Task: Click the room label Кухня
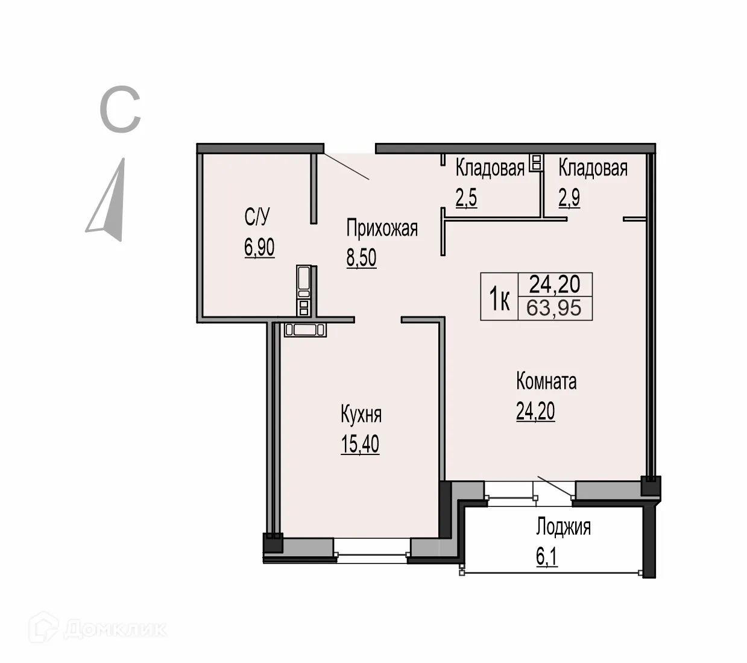pyautogui.click(x=361, y=415)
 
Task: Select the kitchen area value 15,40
pyautogui.click(x=360, y=444)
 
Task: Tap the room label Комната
pyautogui.click(x=546, y=382)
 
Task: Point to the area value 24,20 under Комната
pyautogui.click(x=535, y=411)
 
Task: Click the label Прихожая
pyautogui.click(x=382, y=229)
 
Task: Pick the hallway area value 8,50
pyautogui.click(x=361, y=258)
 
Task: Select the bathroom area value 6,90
pyautogui.click(x=259, y=247)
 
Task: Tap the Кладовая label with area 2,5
pyautogui.click(x=490, y=168)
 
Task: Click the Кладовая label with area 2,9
pyautogui.click(x=593, y=168)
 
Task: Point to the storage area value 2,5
pyautogui.click(x=466, y=198)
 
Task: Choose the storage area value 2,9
pyautogui.click(x=569, y=198)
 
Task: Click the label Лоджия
pyautogui.click(x=563, y=527)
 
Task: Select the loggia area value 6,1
pyautogui.click(x=547, y=557)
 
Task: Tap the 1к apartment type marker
pyautogui.click(x=499, y=300)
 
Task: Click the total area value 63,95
pyautogui.click(x=553, y=308)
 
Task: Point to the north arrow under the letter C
pyautogui.click(x=109, y=202)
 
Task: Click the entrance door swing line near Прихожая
pyautogui.click(x=346, y=167)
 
